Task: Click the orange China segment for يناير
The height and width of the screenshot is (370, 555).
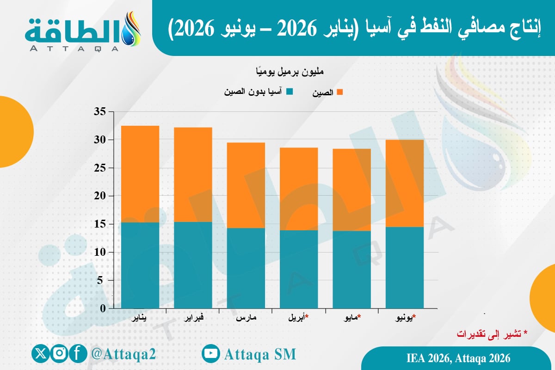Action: point(140,174)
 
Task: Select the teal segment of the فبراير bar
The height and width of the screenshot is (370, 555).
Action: point(193,265)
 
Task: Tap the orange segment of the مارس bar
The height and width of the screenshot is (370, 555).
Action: point(246,185)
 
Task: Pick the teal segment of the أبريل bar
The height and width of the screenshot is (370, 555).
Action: point(298,269)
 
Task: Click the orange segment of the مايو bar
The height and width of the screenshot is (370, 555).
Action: point(351,190)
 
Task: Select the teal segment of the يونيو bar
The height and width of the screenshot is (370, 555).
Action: point(404,267)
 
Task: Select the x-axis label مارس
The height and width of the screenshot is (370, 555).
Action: point(246,318)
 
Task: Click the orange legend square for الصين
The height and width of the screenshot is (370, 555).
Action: point(340,92)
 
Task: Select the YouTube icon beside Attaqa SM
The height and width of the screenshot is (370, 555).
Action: point(211,354)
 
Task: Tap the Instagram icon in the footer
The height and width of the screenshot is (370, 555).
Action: point(59,354)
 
